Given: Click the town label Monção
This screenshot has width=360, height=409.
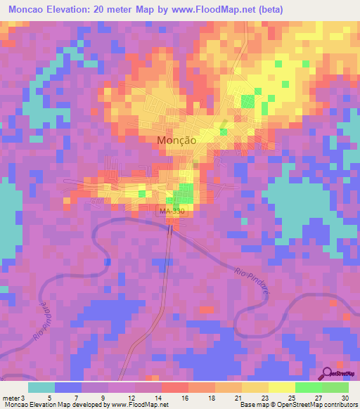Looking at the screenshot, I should click(x=175, y=140).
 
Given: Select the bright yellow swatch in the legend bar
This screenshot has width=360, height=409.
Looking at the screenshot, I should click(x=282, y=387).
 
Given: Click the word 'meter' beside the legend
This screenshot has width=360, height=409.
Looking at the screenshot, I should click(x=12, y=398).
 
